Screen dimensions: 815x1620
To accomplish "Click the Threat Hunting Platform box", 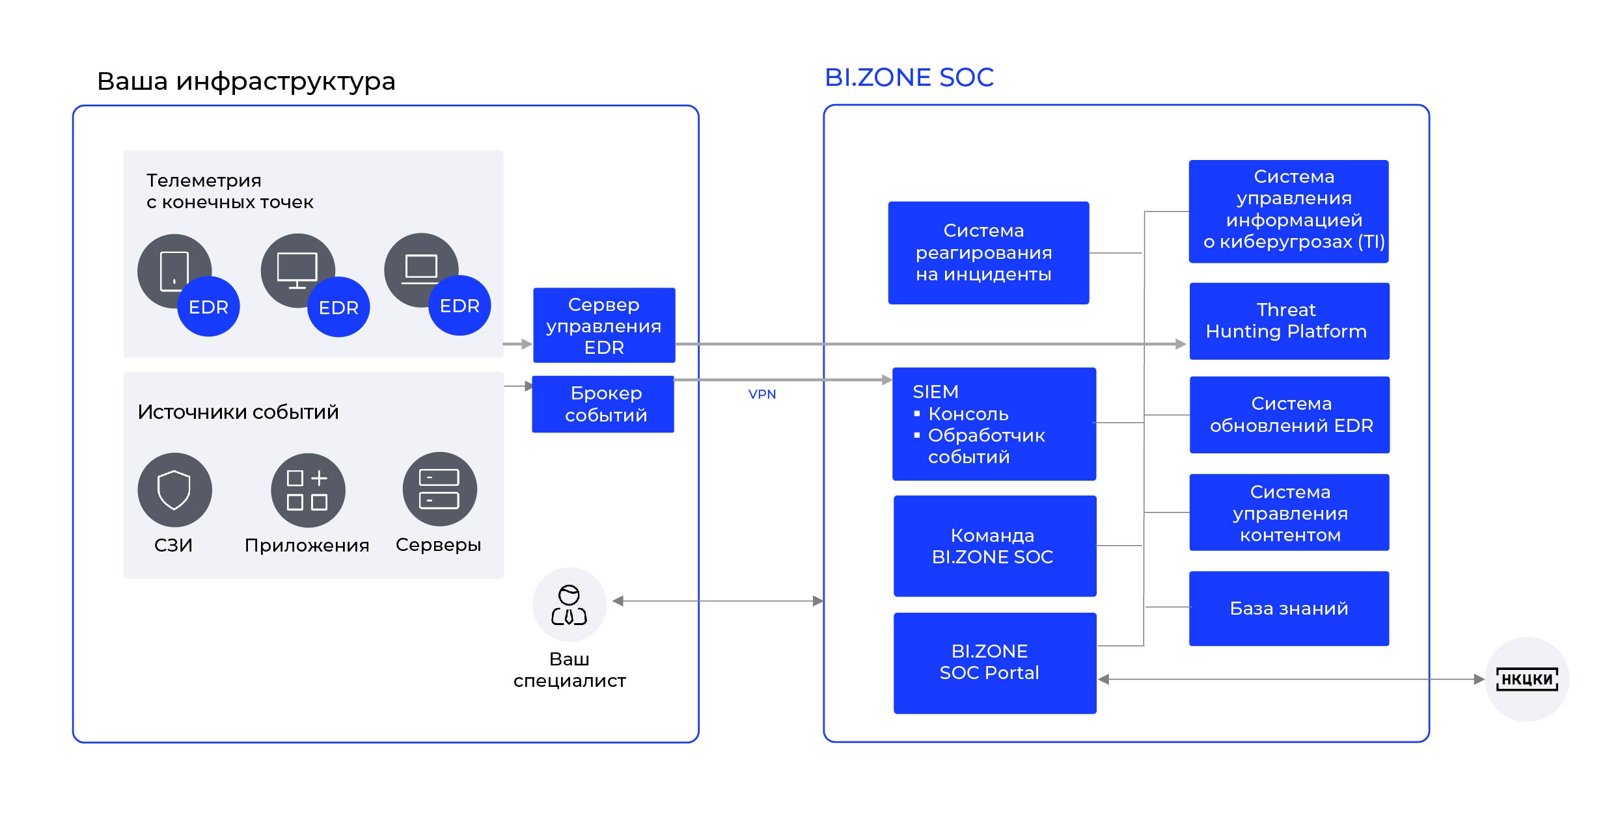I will tap(1289, 321).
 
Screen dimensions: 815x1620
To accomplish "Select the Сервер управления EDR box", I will tap(604, 325).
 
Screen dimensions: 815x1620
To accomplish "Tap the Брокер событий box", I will tap(603, 404).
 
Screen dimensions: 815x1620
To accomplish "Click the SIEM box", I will tap(994, 424).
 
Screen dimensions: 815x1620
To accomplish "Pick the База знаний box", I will tap(1289, 608).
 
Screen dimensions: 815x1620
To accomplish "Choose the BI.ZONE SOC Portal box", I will tap(995, 663).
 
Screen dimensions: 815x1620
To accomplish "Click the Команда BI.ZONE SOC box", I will tap(995, 546).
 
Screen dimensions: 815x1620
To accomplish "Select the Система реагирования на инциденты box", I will tap(988, 252).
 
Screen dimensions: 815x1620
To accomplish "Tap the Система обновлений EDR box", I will tap(1289, 415).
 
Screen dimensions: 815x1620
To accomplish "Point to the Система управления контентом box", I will tap(1289, 513).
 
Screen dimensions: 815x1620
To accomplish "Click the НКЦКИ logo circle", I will tap(1526, 679).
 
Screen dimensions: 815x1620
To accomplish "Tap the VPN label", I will tap(762, 394).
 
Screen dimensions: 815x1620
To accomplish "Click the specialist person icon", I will tap(570, 605).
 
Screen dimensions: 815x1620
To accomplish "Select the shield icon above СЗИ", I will tap(174, 490).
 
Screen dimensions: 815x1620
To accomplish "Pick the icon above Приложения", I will tap(308, 490).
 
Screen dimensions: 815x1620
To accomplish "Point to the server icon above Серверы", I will tap(439, 489).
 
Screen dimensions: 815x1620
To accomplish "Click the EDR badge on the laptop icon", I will tap(460, 306).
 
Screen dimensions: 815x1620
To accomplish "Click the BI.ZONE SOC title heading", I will tap(909, 77).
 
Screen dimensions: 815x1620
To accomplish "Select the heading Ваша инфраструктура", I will tap(246, 81).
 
